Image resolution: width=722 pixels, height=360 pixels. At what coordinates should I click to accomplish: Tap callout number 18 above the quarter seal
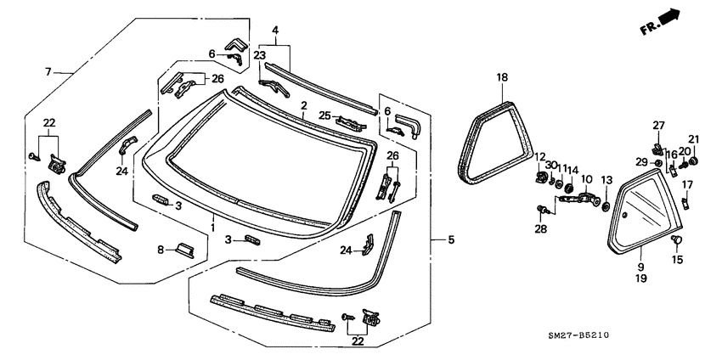click(x=502, y=78)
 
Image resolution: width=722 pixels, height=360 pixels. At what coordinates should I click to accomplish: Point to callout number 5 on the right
click(x=451, y=240)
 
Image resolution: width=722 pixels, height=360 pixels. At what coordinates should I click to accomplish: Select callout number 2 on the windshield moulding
click(x=303, y=105)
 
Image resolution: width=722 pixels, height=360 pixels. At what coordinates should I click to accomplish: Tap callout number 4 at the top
click(x=275, y=31)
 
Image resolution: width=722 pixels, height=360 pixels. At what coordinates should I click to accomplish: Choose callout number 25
click(x=324, y=115)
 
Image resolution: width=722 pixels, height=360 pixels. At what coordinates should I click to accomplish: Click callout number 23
click(x=260, y=53)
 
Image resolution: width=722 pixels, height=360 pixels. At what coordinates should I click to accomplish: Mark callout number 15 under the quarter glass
click(x=677, y=259)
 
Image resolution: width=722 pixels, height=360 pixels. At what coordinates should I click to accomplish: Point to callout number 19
click(x=640, y=277)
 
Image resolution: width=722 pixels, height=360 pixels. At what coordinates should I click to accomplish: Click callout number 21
click(x=693, y=139)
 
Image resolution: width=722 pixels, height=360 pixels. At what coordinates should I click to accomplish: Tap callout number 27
click(x=658, y=125)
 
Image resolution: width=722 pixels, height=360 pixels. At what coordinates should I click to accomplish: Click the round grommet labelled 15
click(x=678, y=242)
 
